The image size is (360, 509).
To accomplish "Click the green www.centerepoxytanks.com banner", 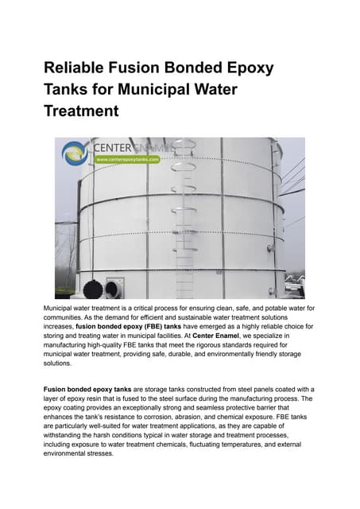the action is pyautogui.click(x=127, y=159).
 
